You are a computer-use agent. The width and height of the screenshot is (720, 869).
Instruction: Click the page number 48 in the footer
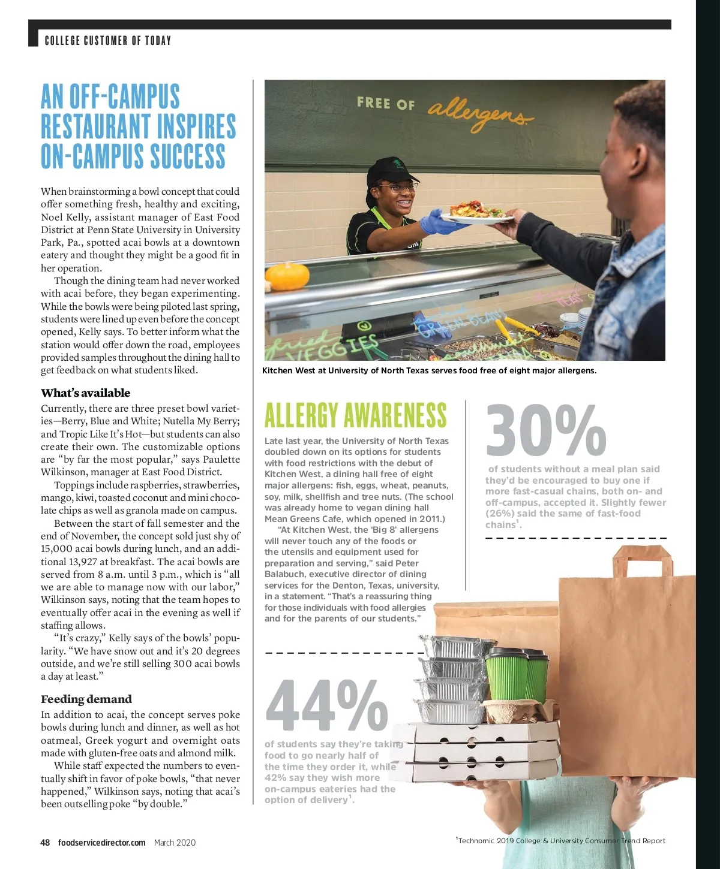[x=45, y=842]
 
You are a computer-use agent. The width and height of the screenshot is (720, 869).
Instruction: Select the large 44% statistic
[x=326, y=706]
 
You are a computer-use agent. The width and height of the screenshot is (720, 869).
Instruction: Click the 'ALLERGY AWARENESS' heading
[x=355, y=415]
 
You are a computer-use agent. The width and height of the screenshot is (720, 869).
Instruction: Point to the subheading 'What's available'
[x=85, y=393]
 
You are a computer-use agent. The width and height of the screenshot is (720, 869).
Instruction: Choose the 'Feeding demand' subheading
[x=86, y=699]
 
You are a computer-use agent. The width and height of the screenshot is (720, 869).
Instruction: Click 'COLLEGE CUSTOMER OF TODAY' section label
[x=108, y=41]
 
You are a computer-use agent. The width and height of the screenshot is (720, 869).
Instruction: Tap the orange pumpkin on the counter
[x=287, y=276]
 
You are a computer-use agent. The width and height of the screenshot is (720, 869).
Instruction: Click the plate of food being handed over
[x=474, y=213]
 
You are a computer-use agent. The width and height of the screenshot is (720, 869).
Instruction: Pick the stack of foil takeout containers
[x=450, y=680]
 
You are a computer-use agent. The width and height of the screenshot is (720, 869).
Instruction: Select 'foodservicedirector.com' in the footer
[x=101, y=842]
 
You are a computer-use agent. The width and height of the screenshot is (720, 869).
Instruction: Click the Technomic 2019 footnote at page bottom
[x=560, y=841]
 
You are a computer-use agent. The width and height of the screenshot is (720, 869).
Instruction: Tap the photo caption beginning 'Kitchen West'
[x=429, y=370]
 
